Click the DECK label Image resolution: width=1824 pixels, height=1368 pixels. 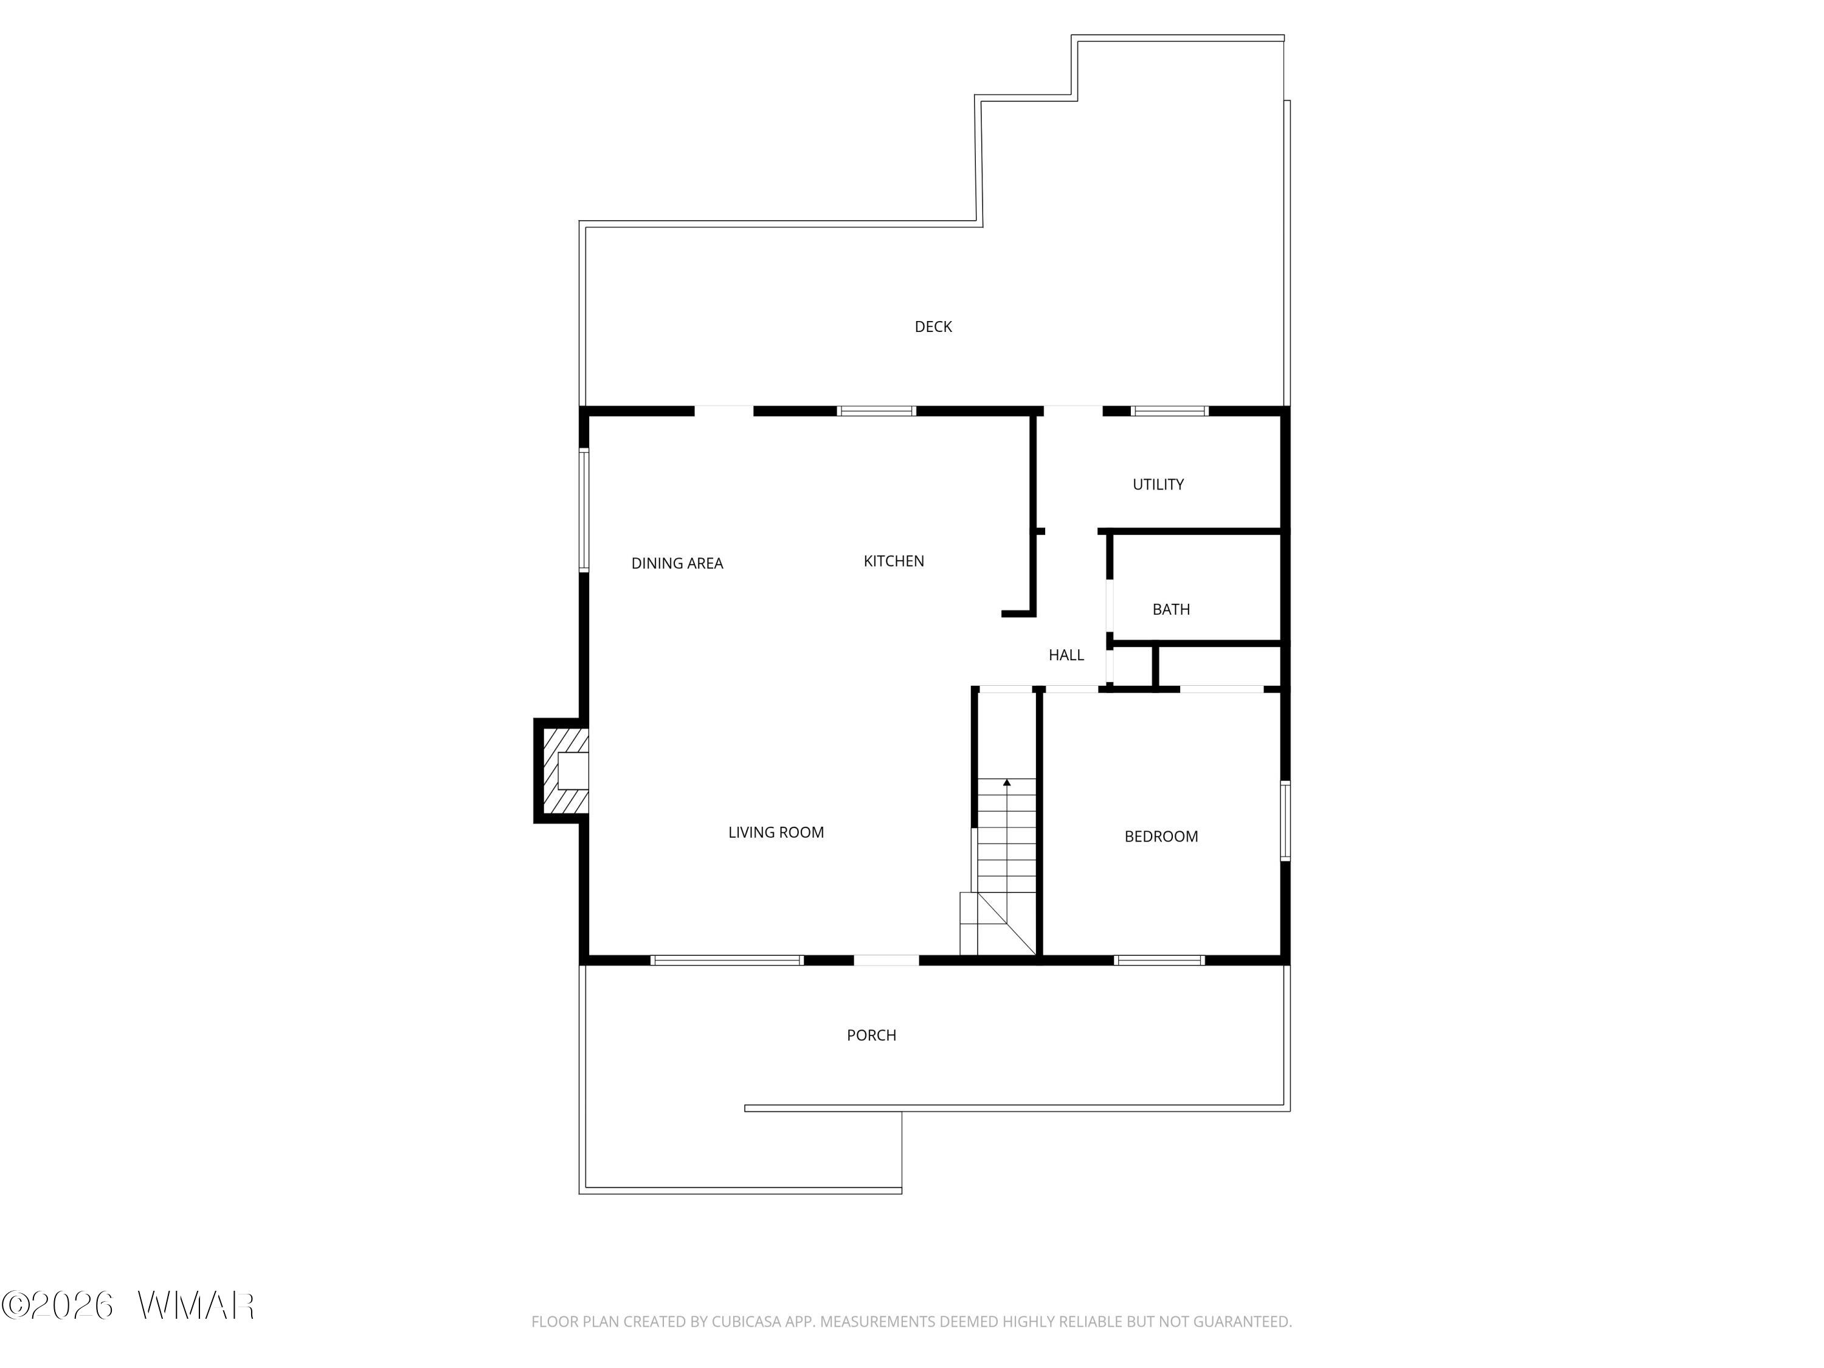pyautogui.click(x=933, y=326)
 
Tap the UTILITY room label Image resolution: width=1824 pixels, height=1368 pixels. pyautogui.click(x=1158, y=484)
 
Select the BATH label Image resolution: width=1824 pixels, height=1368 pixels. pyautogui.click(x=1171, y=609)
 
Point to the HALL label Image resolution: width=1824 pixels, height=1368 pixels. pyautogui.click(x=1066, y=655)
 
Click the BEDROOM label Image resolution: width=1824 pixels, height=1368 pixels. pyautogui.click(x=1161, y=836)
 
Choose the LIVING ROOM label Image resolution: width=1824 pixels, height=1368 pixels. pyautogui.click(x=776, y=832)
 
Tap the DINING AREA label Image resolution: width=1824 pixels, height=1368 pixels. pyautogui.click(x=677, y=563)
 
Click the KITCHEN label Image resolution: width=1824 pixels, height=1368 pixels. pyautogui.click(x=894, y=561)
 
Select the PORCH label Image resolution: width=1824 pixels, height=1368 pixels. pyautogui.click(x=872, y=1035)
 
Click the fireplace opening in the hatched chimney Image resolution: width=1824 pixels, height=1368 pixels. pyautogui.click(x=573, y=772)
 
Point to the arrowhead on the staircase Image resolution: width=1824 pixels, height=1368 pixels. pyautogui.click(x=1007, y=782)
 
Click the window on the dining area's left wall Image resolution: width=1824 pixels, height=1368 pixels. pyautogui.click(x=584, y=510)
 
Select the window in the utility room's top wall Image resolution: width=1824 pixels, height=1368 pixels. pyautogui.click(x=1169, y=410)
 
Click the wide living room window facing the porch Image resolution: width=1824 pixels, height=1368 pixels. pyautogui.click(x=727, y=960)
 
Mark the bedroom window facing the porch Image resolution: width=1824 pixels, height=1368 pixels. pyautogui.click(x=1159, y=960)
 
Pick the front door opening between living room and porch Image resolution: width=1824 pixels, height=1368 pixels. pyautogui.click(x=886, y=960)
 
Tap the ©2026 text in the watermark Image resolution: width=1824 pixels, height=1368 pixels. pyautogui.click(x=58, y=1305)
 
